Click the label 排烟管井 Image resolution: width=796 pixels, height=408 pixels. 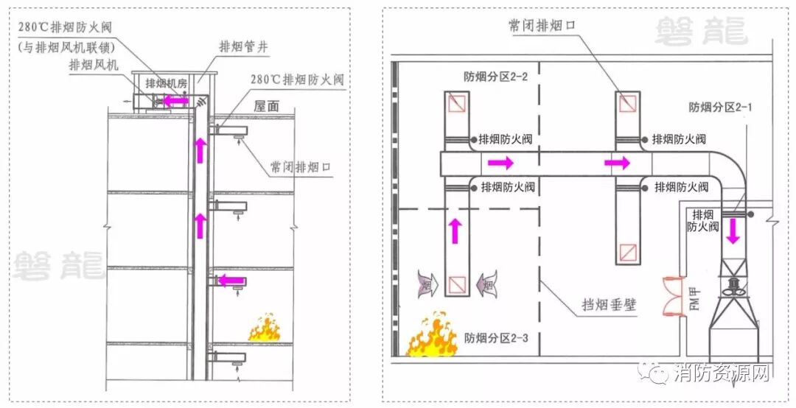243,46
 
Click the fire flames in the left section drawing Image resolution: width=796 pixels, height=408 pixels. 263,328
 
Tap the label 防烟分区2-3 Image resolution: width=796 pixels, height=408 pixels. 492,339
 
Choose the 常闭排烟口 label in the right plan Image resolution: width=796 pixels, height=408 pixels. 541,25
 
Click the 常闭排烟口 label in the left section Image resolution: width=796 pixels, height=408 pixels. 300,167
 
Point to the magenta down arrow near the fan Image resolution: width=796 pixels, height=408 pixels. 733,231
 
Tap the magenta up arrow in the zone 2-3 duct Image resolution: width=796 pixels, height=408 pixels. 455,231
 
